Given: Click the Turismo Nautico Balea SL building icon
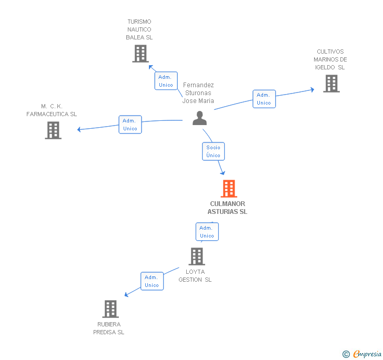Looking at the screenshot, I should pyautogui.click(x=140, y=54).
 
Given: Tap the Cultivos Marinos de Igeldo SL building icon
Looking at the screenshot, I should pyautogui.click(x=331, y=84).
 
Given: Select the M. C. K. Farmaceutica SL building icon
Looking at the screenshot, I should pyautogui.click(x=53, y=130).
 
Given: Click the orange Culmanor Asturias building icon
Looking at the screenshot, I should pyautogui.click(x=228, y=189).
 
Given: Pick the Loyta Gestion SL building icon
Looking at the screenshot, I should pyautogui.click(x=196, y=256).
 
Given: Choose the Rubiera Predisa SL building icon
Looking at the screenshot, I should pyautogui.click(x=110, y=309).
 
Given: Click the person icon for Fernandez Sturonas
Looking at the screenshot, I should pyautogui.click(x=199, y=118).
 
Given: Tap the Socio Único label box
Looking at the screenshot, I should pyautogui.click(x=214, y=151).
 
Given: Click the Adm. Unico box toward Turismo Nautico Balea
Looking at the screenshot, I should pyautogui.click(x=166, y=81).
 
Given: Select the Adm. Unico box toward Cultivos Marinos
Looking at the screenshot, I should pyautogui.click(x=264, y=99).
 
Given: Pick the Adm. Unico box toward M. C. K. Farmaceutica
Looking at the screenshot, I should pyautogui.click(x=130, y=125).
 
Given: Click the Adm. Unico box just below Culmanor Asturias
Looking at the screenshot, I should pyautogui.click(x=207, y=232).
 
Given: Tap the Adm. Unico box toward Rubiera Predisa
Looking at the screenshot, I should pyautogui.click(x=152, y=281).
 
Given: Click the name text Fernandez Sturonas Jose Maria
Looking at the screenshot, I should pyautogui.click(x=198, y=93).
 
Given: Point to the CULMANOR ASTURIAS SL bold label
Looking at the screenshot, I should pyautogui.click(x=228, y=208).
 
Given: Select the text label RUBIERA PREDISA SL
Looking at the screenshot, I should pyautogui.click(x=109, y=328).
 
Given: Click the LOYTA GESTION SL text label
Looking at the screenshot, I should pyautogui.click(x=195, y=276).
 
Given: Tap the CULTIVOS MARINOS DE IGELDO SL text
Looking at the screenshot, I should pyautogui.click(x=330, y=59).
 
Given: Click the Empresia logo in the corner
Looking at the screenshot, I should pyautogui.click(x=362, y=354).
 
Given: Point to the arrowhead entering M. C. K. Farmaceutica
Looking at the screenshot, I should pyautogui.click(x=79, y=129).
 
